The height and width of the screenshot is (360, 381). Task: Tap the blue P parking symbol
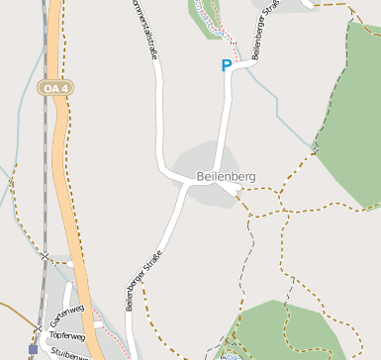(227, 66)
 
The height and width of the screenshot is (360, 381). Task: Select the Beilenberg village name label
(226, 176)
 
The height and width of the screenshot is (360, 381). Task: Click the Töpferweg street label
(66, 336)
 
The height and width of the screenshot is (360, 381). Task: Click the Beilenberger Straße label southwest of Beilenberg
(144, 281)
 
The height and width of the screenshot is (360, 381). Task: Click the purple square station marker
(33, 349)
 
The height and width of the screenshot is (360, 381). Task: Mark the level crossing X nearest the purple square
(38, 328)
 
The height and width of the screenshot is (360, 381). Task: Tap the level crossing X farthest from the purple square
(46, 257)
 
